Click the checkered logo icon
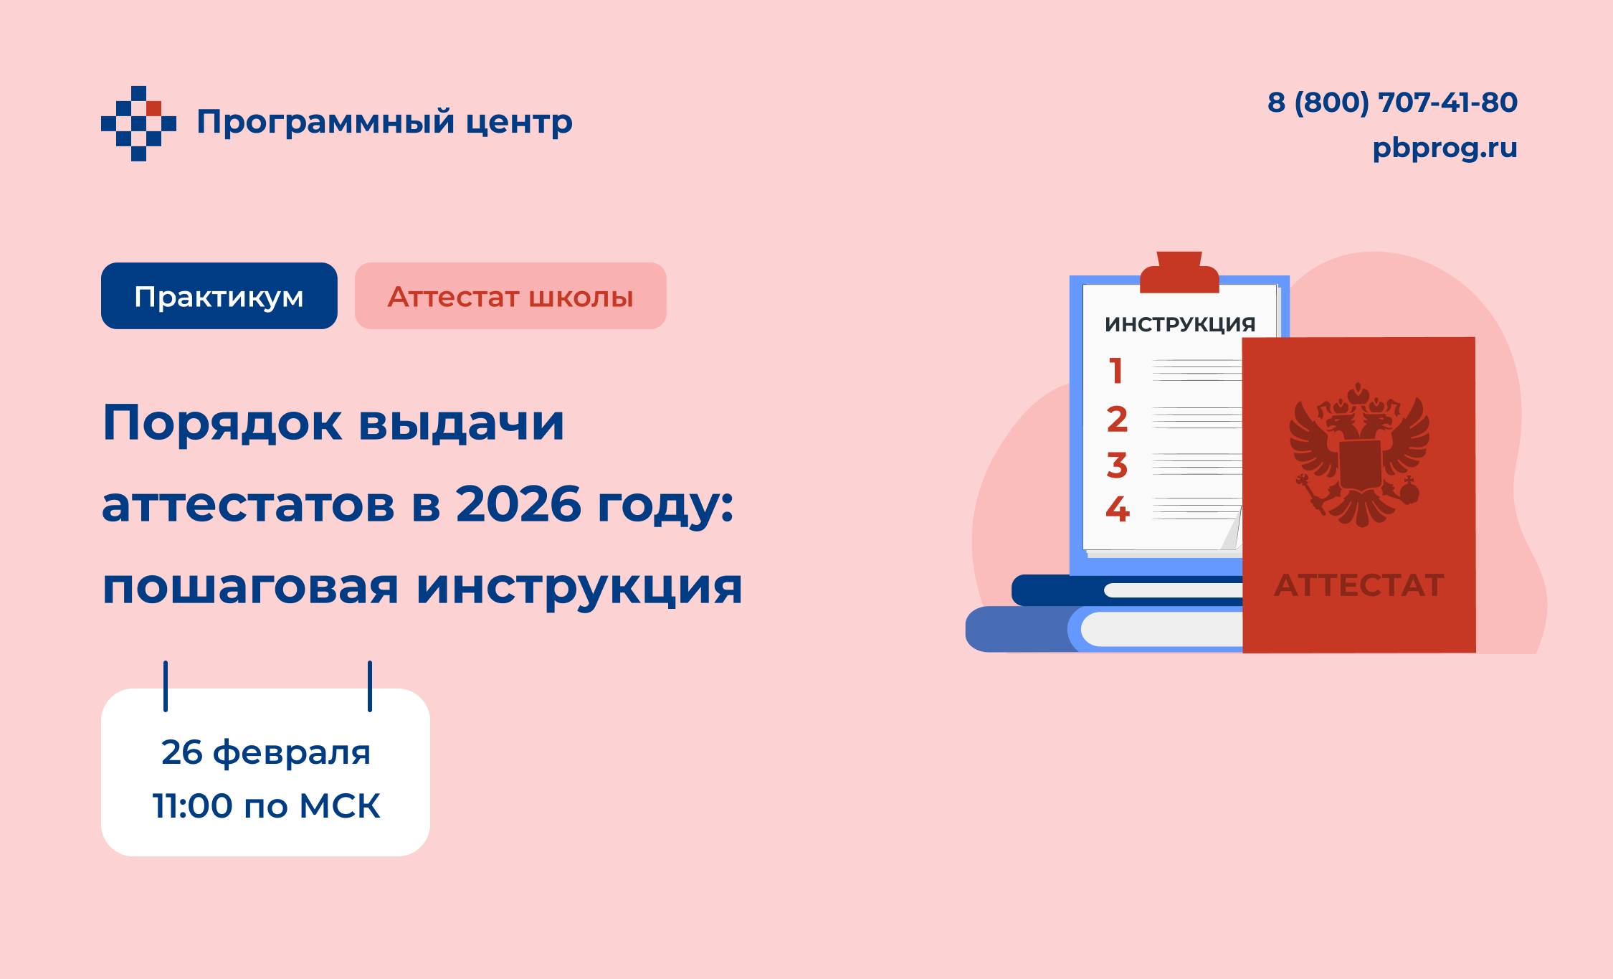point(138,123)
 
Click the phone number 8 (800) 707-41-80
point(1392,103)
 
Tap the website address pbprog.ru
point(1445,148)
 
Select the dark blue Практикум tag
point(219,295)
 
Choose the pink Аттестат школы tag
point(510,295)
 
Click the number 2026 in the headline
point(518,503)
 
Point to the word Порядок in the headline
point(223,423)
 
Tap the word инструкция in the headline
point(579,587)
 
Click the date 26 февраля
point(265,753)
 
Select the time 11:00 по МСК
point(266,805)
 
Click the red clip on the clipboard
point(1179,272)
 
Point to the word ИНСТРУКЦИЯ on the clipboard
point(1180,324)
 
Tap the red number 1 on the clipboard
point(1115,371)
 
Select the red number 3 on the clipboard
point(1117,465)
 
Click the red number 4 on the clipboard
point(1117,509)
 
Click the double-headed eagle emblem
point(1359,455)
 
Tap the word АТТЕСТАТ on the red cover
point(1359,585)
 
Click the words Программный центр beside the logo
point(384,122)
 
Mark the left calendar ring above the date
point(166,686)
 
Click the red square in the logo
point(153,108)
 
